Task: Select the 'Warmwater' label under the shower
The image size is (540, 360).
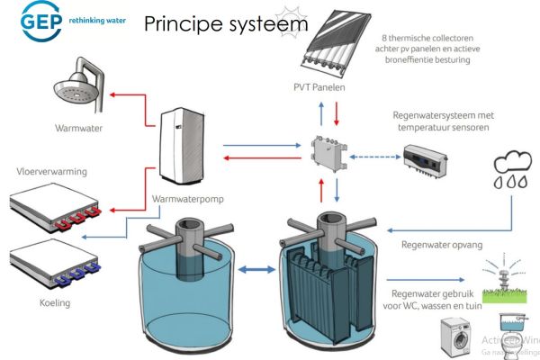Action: pos(78,129)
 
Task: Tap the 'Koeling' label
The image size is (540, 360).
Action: pos(54,302)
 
